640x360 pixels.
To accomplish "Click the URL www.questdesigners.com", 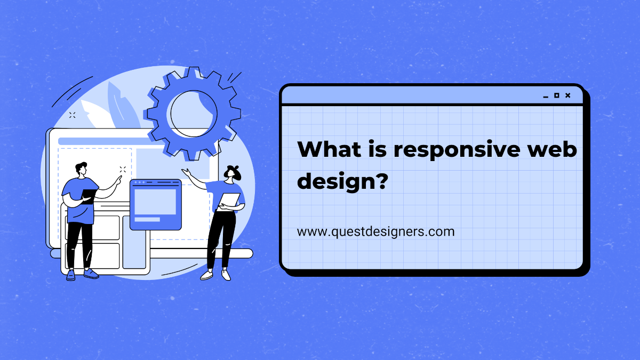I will (376, 231).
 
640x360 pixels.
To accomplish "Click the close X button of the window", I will (567, 95).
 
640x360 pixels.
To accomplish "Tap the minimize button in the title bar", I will (545, 97).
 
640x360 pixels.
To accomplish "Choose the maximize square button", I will (556, 95).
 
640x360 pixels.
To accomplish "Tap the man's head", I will (81, 169).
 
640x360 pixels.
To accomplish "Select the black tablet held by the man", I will (89, 197).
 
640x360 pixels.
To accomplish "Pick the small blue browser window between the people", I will (155, 204).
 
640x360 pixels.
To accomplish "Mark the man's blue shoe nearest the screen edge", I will (70, 275).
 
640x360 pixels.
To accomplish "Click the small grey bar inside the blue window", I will (147, 219).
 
